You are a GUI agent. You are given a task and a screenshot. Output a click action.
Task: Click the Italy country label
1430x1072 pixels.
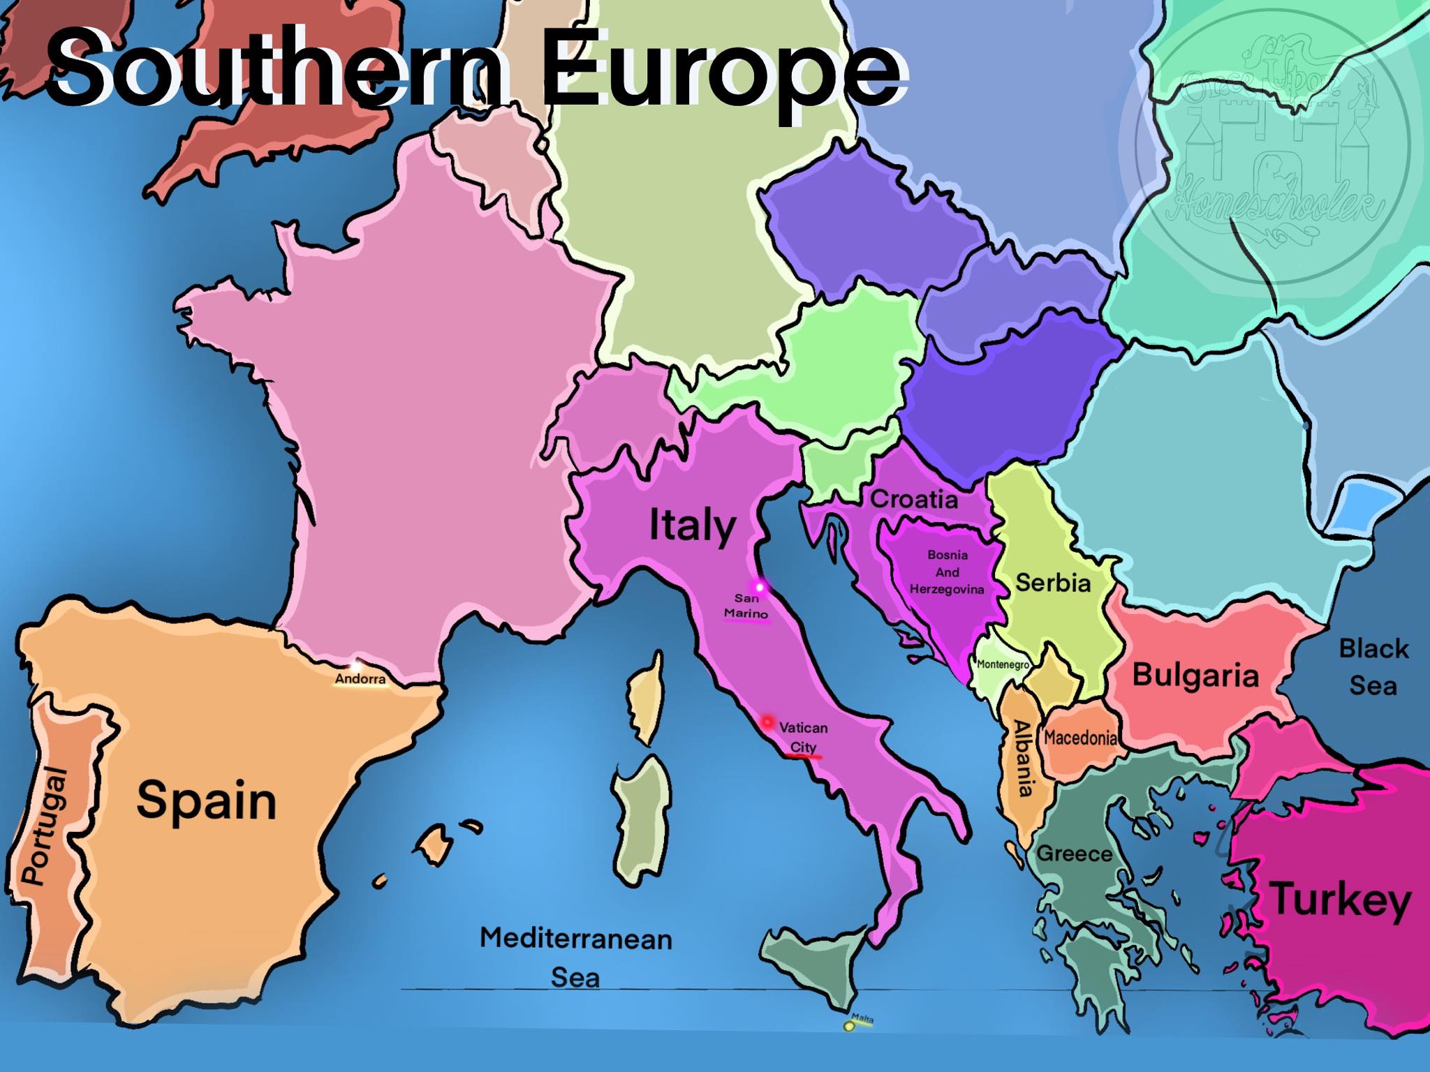[x=692, y=526]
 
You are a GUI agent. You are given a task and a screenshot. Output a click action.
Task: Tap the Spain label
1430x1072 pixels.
[x=207, y=800]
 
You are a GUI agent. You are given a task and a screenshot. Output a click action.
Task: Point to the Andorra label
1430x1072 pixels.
[x=360, y=678]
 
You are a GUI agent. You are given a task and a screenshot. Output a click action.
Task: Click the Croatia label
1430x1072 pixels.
[x=913, y=499]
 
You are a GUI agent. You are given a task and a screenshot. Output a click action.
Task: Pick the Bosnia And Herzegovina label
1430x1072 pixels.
[x=947, y=572]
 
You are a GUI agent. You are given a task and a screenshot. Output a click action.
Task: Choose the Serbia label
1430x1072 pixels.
[x=1053, y=582]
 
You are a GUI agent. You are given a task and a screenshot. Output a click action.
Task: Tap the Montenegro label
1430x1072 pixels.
[x=1003, y=664]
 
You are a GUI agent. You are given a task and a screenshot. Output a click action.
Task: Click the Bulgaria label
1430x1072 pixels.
[x=1195, y=675]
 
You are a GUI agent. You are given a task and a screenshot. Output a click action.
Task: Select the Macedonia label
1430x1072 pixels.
[x=1080, y=738]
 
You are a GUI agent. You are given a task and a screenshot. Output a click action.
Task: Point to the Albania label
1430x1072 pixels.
[x=1023, y=758]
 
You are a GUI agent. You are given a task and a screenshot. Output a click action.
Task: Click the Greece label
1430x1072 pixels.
[x=1075, y=853]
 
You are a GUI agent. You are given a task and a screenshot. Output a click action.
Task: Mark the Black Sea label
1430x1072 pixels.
[x=1373, y=667]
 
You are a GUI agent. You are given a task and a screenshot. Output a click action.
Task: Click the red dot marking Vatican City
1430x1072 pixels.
[x=767, y=722]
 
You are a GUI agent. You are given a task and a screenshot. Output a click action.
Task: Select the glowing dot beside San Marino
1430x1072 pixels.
[x=760, y=588]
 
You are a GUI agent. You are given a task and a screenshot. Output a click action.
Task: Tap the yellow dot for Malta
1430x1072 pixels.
[x=849, y=1026]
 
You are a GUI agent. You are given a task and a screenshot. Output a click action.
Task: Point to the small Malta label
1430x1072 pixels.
[x=862, y=1019]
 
